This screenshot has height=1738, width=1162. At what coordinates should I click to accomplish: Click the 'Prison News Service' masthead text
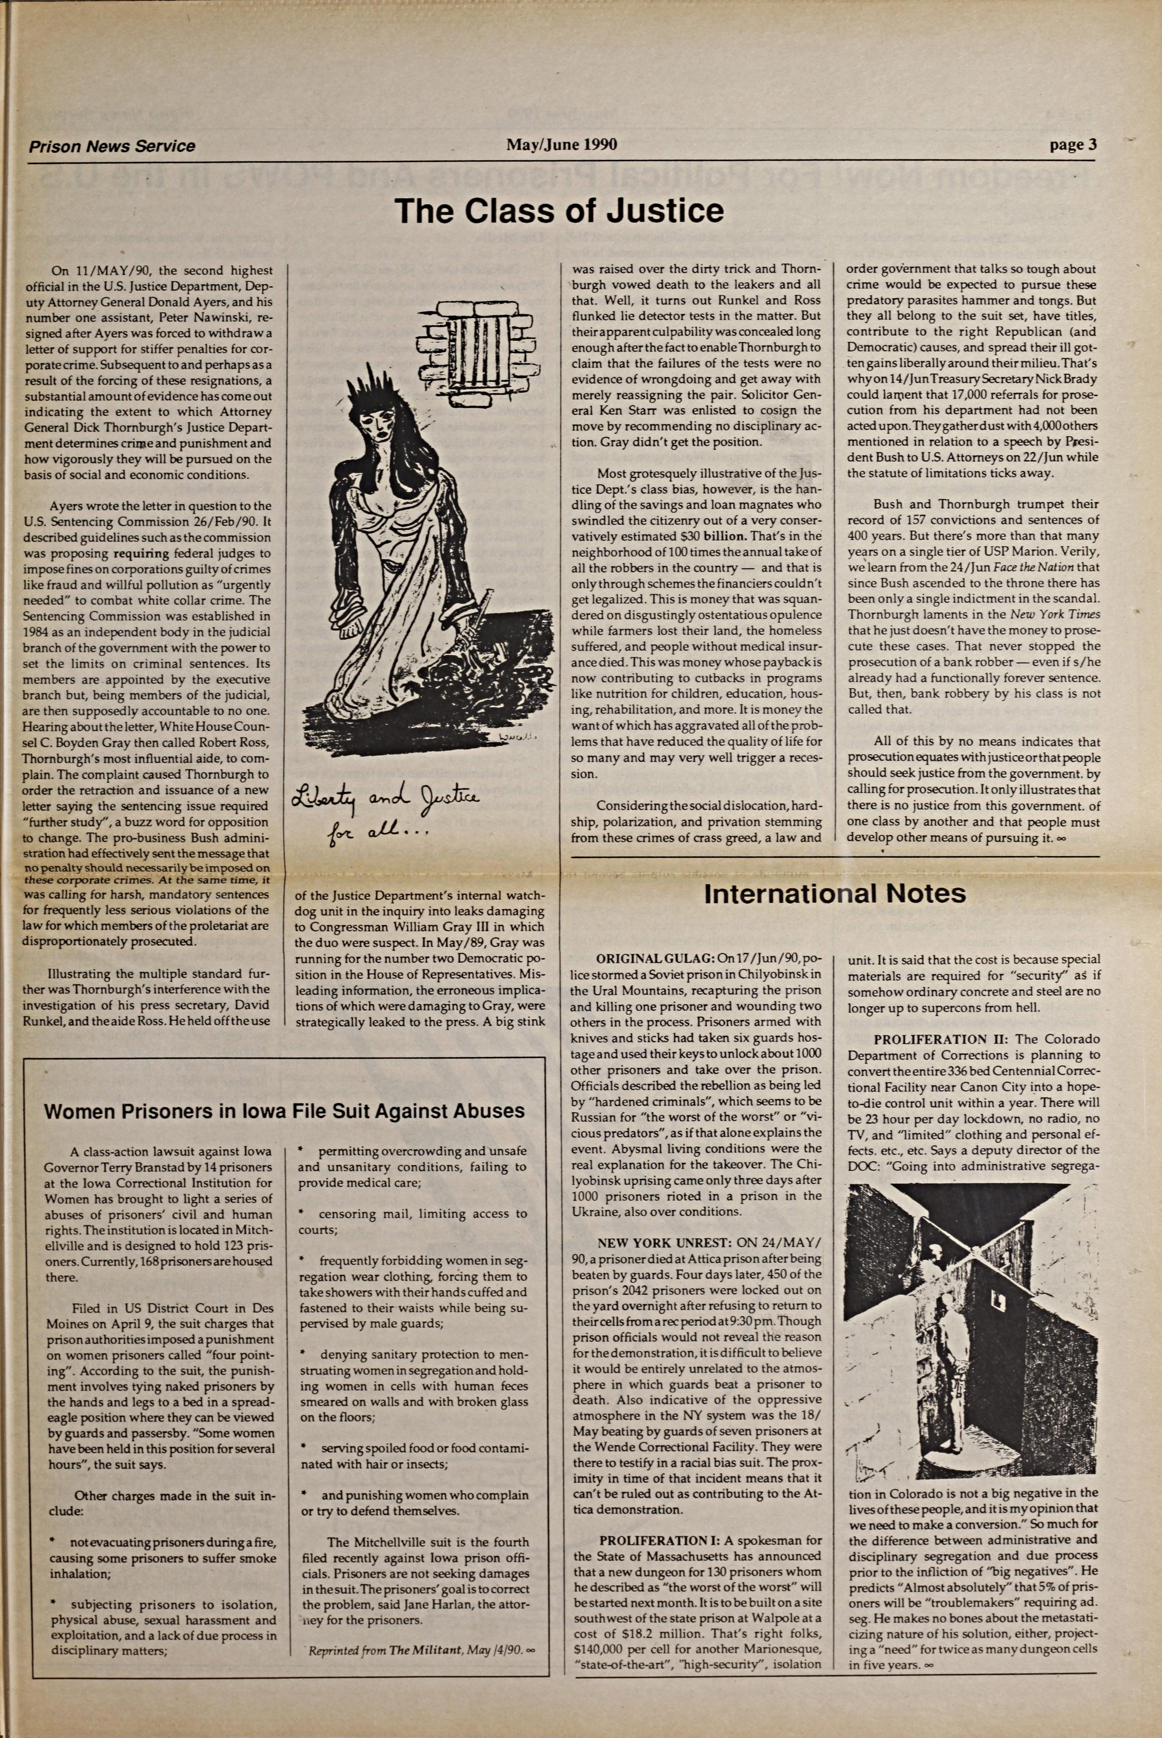coord(112,146)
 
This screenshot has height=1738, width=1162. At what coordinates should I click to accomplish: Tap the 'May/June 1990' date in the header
coord(561,144)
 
